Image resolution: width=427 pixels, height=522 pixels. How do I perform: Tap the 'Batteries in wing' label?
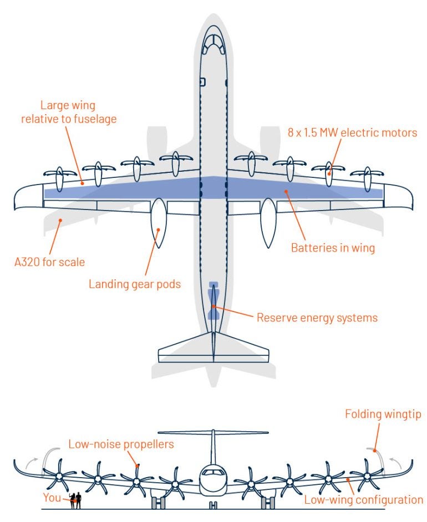pyautogui.click(x=333, y=248)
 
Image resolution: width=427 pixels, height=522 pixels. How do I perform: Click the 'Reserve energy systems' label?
pyautogui.click(x=317, y=318)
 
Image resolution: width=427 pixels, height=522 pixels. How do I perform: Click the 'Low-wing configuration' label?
pyautogui.click(x=363, y=500)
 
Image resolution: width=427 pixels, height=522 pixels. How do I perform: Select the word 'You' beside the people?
pyautogui.click(x=52, y=498)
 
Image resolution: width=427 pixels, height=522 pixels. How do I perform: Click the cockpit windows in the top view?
pyautogui.click(x=213, y=43)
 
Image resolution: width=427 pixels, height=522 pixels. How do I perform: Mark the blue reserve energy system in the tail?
pyautogui.click(x=213, y=301)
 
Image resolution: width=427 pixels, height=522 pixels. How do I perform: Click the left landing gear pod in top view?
pyautogui.click(x=159, y=223)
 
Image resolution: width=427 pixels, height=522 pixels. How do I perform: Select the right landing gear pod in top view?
pyautogui.click(x=268, y=223)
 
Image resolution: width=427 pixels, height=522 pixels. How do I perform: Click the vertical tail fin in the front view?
pyautogui.click(x=213, y=449)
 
